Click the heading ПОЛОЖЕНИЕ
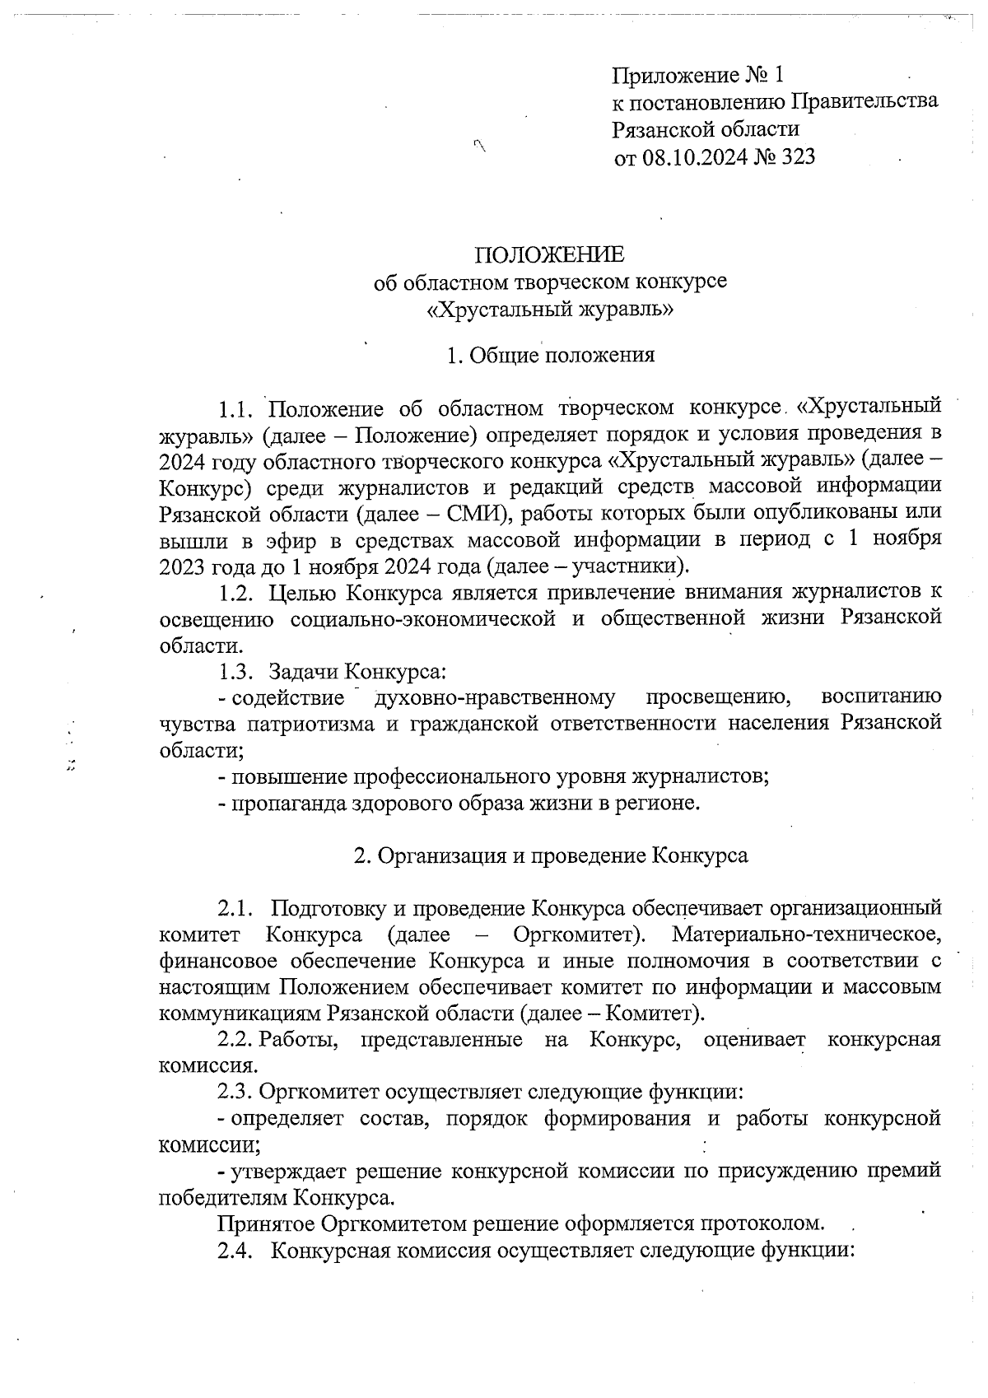pos(549,253)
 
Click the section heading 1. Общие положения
pos(549,356)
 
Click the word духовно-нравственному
pos(494,698)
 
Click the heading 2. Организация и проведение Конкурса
pos(550,855)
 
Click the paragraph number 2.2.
pos(235,1039)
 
